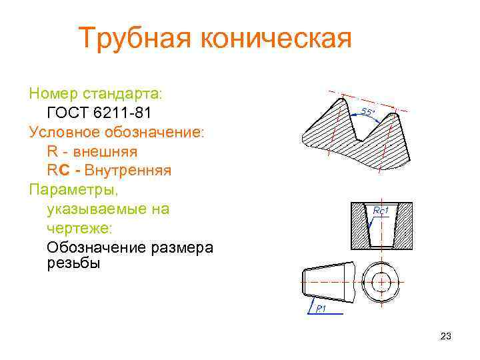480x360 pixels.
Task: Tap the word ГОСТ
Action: tap(71, 111)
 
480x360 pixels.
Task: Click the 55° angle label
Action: tap(367, 112)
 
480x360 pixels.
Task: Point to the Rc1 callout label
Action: tap(381, 211)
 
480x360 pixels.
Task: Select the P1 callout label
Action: tap(321, 308)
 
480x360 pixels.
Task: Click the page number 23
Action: tap(446, 337)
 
